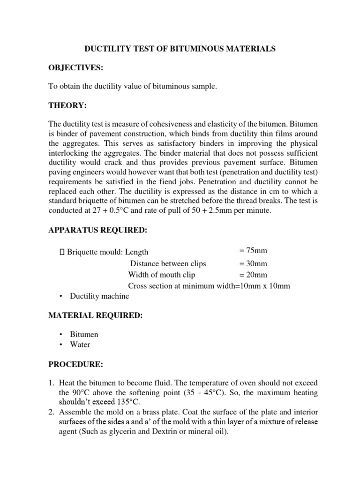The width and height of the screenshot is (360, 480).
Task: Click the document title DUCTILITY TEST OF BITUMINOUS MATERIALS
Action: tap(180, 48)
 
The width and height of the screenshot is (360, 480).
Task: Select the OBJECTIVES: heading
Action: tap(75, 68)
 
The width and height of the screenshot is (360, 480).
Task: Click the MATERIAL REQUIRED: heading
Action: tap(95, 316)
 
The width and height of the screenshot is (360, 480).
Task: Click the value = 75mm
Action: tap(253, 252)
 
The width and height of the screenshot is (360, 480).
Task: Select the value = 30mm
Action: tap(253, 263)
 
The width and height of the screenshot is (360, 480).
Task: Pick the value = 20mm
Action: tap(253, 275)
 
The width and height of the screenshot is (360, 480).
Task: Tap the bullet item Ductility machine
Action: tap(99, 296)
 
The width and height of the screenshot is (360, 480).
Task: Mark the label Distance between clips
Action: tap(168, 263)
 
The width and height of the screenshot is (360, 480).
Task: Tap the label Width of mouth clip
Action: tap(162, 275)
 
